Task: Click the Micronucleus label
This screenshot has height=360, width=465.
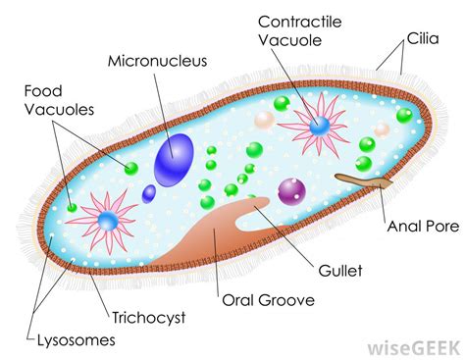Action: [157, 61]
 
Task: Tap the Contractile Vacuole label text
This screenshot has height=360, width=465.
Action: [300, 31]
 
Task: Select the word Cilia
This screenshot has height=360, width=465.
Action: [423, 38]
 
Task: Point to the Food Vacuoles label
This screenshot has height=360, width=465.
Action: [59, 100]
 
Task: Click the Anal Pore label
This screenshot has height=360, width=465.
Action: [423, 227]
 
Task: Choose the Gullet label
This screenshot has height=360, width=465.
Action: [340, 271]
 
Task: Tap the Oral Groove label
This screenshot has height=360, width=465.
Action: [268, 300]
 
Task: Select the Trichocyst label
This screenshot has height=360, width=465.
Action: [149, 318]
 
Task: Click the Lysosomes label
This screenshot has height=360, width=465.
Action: [77, 340]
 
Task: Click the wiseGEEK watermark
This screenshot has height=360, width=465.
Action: [414, 348]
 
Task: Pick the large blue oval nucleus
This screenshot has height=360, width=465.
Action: [174, 160]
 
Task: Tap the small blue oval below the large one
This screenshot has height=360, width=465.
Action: [149, 193]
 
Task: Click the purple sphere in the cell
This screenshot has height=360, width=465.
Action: [291, 192]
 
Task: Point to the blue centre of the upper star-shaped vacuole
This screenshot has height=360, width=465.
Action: [319, 126]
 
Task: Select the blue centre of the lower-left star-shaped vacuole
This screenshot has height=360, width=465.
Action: [108, 221]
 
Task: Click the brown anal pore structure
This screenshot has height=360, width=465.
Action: [363, 180]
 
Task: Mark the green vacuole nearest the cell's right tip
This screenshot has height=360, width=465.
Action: [404, 116]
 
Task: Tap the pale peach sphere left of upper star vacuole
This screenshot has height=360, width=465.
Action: [264, 121]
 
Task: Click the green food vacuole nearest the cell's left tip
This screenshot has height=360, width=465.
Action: [72, 207]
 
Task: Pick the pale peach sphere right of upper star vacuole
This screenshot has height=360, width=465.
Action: [382, 129]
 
